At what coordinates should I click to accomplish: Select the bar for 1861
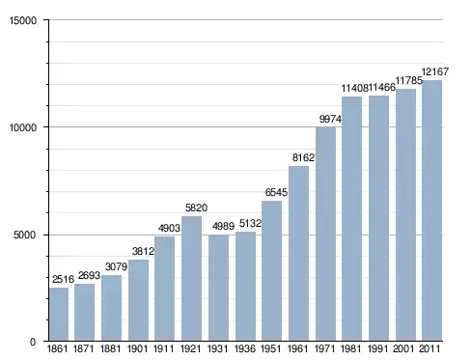pyautogui.click(x=59, y=315)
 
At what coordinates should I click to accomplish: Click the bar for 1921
pyautogui.click(x=191, y=279)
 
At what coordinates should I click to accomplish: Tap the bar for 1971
pyautogui.click(x=325, y=234)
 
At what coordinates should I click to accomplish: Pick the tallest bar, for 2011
pyautogui.click(x=431, y=210)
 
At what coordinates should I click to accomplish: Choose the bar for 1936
pyautogui.click(x=245, y=287)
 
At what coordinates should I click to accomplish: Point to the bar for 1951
pyautogui.click(x=271, y=271)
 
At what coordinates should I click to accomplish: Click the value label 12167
pyautogui.click(x=435, y=71)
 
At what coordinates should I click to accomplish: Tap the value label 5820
pyautogui.click(x=196, y=208)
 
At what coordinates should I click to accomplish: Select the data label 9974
pyautogui.click(x=330, y=119)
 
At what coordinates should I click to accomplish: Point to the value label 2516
pyautogui.click(x=63, y=279)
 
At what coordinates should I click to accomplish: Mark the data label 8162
pyautogui.click(x=303, y=157)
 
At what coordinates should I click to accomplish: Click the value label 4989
pyautogui.click(x=223, y=226)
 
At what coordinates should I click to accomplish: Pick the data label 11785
pyautogui.click(x=408, y=80)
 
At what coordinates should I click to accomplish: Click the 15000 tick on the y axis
pyautogui.click(x=23, y=20)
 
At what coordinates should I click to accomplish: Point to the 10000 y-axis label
pyautogui.click(x=23, y=127)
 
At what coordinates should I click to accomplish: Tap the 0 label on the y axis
pyautogui.click(x=33, y=342)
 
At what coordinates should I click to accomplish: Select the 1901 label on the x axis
pyautogui.click(x=138, y=348)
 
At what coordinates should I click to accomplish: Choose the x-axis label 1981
pyautogui.click(x=351, y=348)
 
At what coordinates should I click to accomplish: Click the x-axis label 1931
pyautogui.click(x=218, y=348)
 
